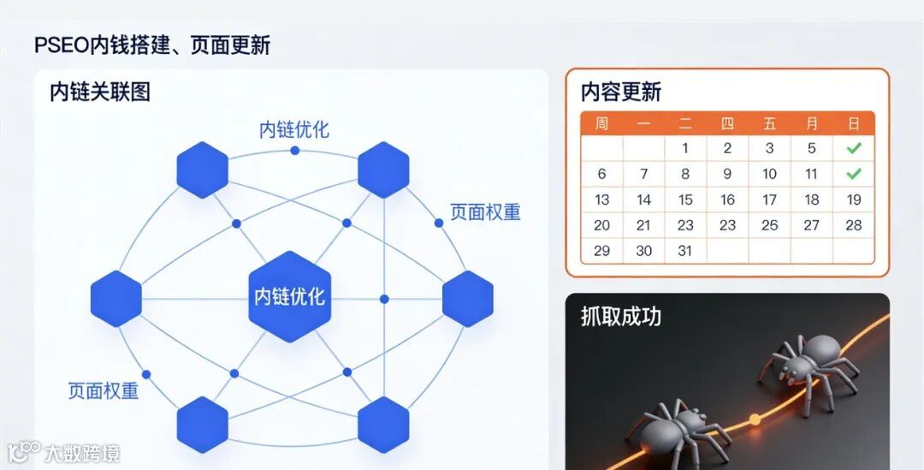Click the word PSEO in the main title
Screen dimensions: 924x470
tap(62, 45)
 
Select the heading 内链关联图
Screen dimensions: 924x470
tap(100, 92)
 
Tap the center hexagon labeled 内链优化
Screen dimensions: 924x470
tap(290, 297)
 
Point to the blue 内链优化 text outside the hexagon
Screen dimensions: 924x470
tap(294, 130)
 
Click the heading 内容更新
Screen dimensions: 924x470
tap(621, 92)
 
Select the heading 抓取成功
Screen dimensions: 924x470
tap(621, 317)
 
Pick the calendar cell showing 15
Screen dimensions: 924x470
tap(685, 199)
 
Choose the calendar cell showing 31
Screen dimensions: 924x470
tap(685, 251)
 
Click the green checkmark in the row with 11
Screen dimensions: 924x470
tap(853, 174)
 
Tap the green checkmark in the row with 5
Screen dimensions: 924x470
tap(853, 148)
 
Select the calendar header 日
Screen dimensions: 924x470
tap(853, 123)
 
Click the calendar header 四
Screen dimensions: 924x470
tap(727, 123)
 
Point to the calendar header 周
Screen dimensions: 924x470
tap(601, 123)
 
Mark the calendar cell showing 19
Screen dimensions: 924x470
tap(854, 199)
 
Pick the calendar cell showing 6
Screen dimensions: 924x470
tap(601, 174)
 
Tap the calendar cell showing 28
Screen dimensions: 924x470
tap(854, 225)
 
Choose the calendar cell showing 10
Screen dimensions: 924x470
tap(769, 174)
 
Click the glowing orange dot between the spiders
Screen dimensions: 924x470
tap(755, 419)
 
